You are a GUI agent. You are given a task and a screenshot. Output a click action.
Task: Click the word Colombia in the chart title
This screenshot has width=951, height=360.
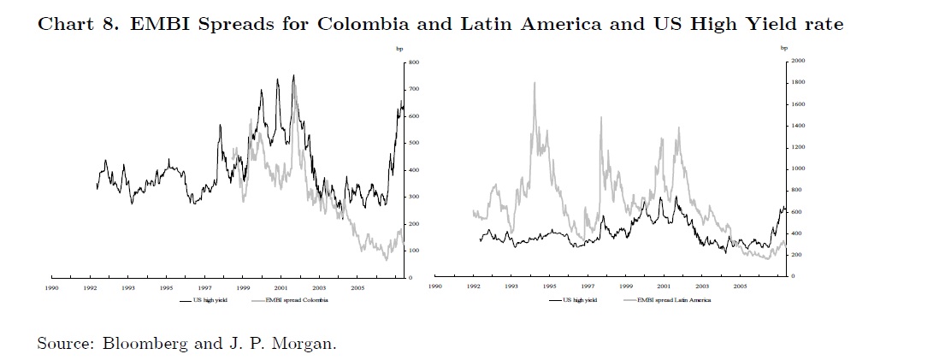pos(358,24)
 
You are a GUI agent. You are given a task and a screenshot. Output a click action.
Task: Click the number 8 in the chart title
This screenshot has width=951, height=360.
pos(113,24)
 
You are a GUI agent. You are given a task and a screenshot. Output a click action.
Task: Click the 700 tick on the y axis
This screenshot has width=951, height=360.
pos(414,90)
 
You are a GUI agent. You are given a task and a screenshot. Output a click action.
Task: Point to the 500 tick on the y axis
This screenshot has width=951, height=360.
pos(414,144)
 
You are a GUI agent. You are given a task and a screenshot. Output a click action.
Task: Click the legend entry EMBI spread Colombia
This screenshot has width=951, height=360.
pos(292,301)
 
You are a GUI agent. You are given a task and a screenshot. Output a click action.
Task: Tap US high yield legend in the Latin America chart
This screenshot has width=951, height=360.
pos(579,301)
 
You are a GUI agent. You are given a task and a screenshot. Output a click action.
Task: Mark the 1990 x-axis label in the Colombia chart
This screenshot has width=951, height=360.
pos(52,288)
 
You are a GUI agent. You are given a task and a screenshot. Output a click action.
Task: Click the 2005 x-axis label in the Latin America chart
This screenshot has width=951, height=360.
pos(740,288)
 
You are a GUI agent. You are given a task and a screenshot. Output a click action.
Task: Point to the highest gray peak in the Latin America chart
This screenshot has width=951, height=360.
pos(535,83)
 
